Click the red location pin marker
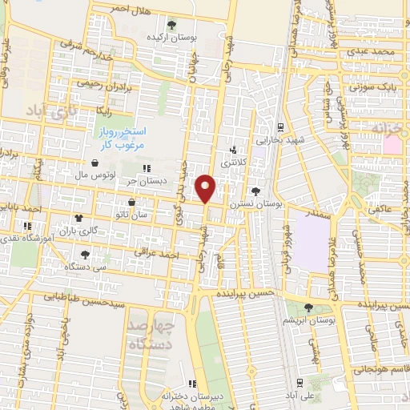pyautogui.click(x=207, y=189)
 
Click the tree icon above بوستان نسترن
pyautogui.click(x=255, y=191)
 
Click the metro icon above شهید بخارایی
pyautogui.click(x=279, y=127)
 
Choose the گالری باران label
pyautogui.click(x=81, y=230)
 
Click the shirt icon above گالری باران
pyautogui.click(x=78, y=217)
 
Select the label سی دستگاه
pyautogui.click(x=84, y=265)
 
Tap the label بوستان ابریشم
pyautogui.click(x=308, y=320)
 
